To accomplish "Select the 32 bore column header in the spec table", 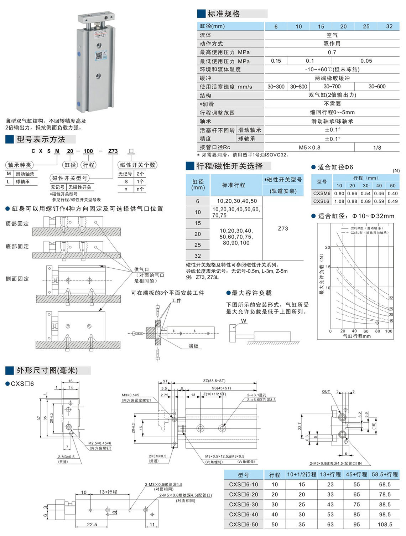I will point(389,26).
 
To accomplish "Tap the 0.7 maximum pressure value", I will point(332,52).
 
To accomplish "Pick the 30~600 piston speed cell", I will point(377,87).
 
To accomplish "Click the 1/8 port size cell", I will point(377,148).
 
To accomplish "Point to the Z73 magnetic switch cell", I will point(283,228).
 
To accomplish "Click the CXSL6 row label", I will point(322,201).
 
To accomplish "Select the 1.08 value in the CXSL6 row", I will point(339,201).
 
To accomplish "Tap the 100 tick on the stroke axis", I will point(389,331).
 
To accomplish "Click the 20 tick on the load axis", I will point(327,247).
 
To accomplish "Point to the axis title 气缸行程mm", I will point(356,336).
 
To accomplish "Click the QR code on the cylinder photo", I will point(99,56).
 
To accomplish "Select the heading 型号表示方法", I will point(41,139).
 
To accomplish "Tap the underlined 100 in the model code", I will point(88,151).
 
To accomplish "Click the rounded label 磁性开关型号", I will point(69,178).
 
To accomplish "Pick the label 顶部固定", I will point(17,224).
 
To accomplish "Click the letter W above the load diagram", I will point(244,321).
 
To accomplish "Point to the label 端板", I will point(193,346).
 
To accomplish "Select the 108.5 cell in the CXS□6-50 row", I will point(385,525).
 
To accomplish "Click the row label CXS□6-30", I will point(244,505).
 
